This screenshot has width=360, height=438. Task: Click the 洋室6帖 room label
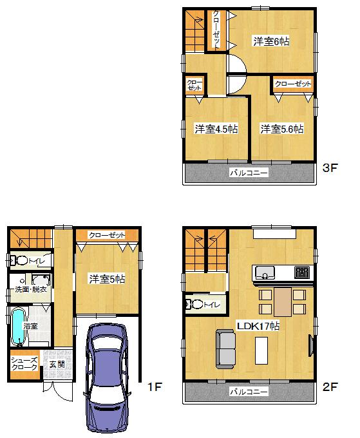click(270, 42)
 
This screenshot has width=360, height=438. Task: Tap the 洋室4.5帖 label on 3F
click(216, 129)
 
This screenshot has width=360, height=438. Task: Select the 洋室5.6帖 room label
click(282, 129)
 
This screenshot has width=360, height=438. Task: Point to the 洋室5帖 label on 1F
click(107, 279)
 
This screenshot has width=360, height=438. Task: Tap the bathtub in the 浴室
click(18, 327)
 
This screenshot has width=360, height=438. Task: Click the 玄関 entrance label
click(55, 364)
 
